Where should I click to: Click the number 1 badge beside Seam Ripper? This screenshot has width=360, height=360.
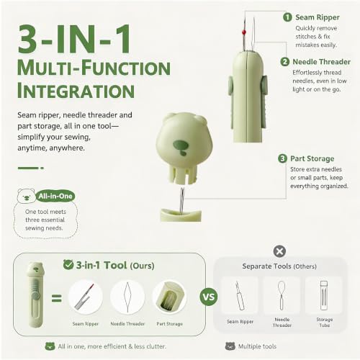coord(287,17)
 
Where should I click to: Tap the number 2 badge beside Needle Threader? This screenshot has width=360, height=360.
coord(285,62)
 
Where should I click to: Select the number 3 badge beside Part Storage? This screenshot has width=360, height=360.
coord(282,158)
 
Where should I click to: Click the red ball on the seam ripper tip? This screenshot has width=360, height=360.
coord(244,32)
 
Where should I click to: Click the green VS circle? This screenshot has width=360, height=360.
coord(209,297)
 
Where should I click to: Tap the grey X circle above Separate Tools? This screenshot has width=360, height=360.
coord(279,251)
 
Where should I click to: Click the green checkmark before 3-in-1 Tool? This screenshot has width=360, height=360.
coord(68,264)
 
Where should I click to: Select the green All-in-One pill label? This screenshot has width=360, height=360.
coord(55,197)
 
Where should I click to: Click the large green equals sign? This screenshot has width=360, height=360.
coord(57,298)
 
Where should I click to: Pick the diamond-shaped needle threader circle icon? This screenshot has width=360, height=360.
coord(127,297)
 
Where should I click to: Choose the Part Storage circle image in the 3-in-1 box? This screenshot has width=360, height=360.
coord(169,297)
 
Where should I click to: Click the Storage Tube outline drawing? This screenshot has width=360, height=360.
coord(324,295)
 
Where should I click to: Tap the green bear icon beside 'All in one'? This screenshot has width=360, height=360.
coord(50,346)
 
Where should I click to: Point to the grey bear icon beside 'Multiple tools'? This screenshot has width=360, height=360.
coord(230,346)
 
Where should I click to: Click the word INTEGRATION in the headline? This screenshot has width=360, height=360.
coord(76,91)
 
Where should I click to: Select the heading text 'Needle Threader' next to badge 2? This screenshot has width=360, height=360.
coord(321,62)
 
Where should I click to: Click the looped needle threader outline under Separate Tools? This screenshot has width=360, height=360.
coord(282,295)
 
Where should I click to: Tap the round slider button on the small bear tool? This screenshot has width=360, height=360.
coord(36,296)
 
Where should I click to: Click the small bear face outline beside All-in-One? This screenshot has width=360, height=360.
coord(27,196)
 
